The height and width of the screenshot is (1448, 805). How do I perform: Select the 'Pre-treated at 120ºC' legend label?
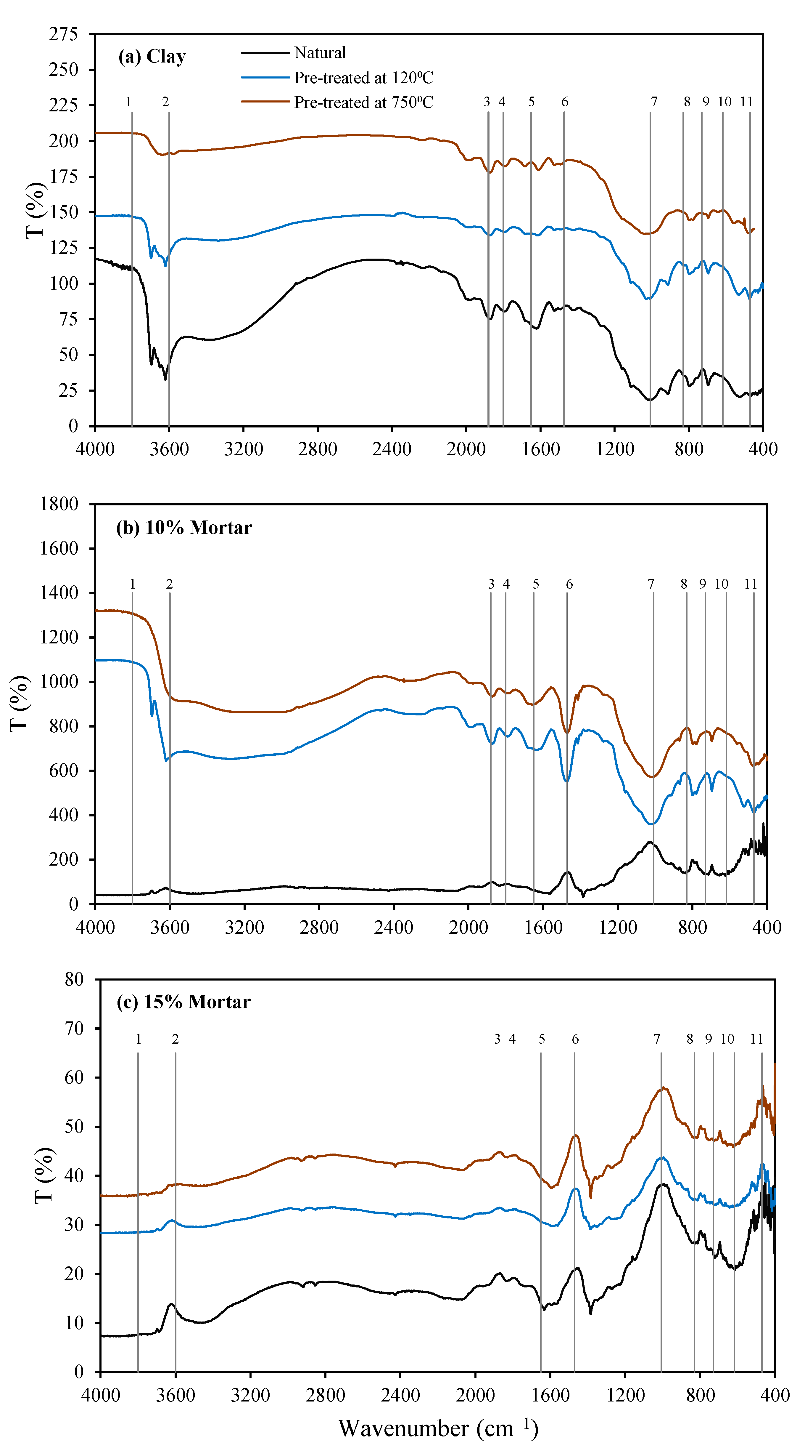[x=363, y=78]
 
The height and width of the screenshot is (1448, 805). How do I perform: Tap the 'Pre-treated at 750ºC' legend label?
[x=363, y=102]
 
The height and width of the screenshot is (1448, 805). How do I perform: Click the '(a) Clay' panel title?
[x=152, y=57]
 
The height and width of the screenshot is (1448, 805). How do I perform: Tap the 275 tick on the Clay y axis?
[x=63, y=34]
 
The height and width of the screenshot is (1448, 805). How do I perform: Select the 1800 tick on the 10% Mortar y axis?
[x=59, y=504]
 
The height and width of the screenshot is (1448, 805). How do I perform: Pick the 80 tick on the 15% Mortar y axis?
[x=74, y=979]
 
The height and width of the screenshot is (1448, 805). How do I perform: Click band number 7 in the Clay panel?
[x=654, y=102]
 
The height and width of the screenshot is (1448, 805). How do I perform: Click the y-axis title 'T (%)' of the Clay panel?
[x=35, y=210]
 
